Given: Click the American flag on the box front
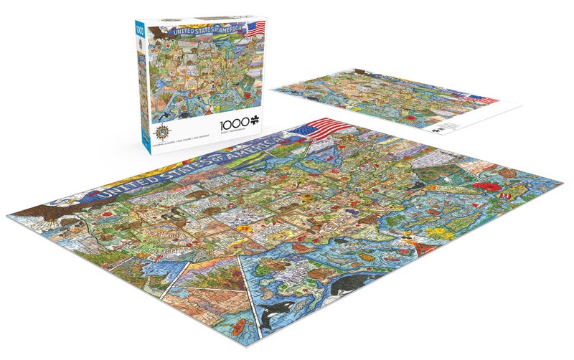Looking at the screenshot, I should [255, 29].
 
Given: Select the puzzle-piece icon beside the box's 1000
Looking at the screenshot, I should [233, 113].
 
